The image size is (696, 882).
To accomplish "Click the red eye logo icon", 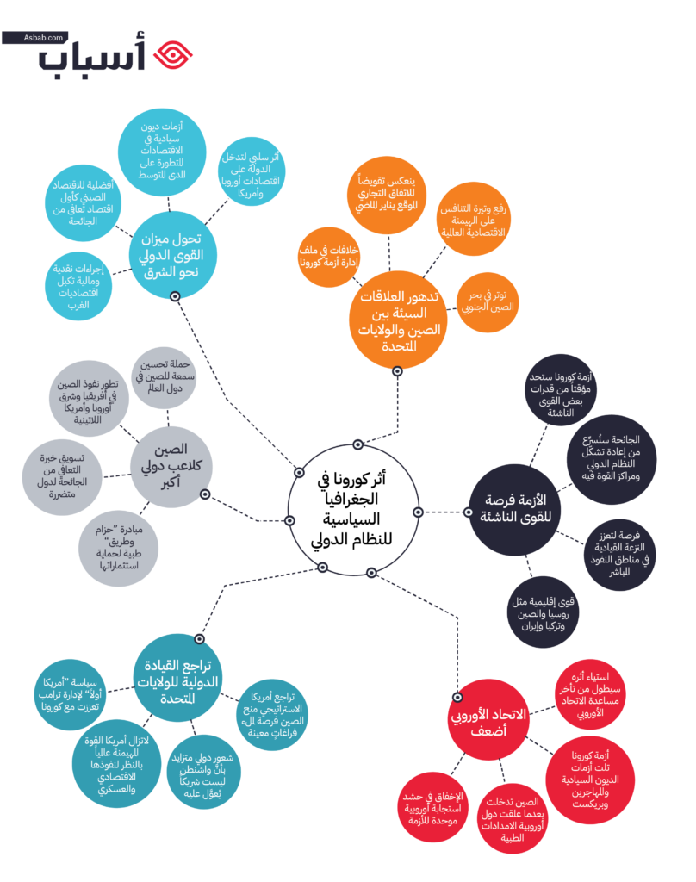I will pyautogui.click(x=173, y=54).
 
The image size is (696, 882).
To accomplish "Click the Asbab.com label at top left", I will pyautogui.click(x=35, y=38).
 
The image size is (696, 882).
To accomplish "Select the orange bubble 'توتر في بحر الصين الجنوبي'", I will pyautogui.click(x=488, y=301).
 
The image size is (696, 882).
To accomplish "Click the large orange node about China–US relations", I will pyautogui.click(x=398, y=320).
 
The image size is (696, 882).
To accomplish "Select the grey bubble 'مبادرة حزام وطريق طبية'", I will pyautogui.click(x=119, y=549).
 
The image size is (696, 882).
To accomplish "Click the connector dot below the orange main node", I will pyautogui.click(x=397, y=371).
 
